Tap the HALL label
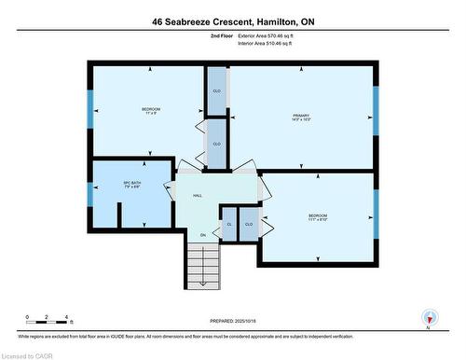point(198,196)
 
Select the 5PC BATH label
point(131,184)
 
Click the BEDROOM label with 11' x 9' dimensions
point(151,111)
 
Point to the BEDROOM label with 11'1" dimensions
point(318,217)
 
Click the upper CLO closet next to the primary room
point(216,90)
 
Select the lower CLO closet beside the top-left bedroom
point(216,144)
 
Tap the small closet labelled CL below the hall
point(229,225)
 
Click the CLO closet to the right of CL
point(249,225)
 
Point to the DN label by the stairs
point(202,235)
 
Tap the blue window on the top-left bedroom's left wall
point(90,112)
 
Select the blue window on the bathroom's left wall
point(90,196)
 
